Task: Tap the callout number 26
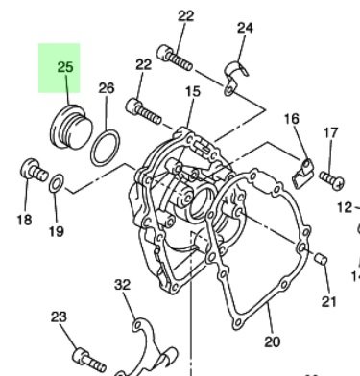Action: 107,88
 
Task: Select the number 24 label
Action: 245,29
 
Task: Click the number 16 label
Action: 292,118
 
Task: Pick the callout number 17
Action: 330,132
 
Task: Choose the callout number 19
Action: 56,231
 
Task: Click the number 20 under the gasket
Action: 271,341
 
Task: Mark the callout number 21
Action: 329,303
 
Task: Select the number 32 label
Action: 122,285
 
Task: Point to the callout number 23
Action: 59,317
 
